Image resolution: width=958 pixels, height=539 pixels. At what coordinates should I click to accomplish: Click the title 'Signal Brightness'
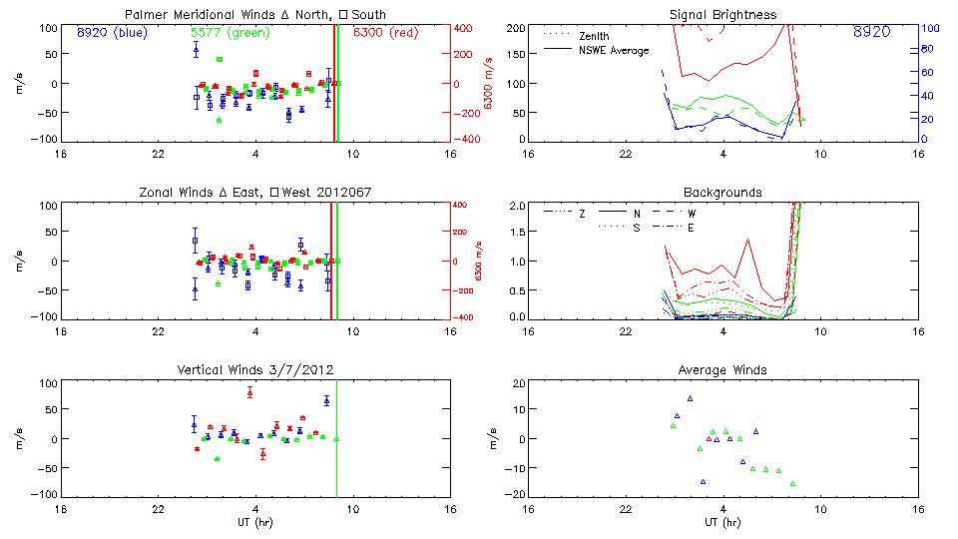pos(722,15)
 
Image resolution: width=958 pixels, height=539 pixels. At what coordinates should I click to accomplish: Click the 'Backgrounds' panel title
pos(722,192)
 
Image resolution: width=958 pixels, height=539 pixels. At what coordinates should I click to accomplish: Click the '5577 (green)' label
pos(230,33)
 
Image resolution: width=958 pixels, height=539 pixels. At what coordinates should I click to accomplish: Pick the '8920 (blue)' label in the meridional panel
pos(111,33)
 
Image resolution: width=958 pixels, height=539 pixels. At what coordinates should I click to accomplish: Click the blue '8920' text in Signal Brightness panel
pos(872,33)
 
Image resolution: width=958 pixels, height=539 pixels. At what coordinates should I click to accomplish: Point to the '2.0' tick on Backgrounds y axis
pos(517,206)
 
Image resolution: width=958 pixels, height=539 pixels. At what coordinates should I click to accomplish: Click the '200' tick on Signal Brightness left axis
pos(516,28)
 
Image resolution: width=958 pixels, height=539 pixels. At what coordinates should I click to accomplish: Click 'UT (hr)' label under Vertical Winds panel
pos(255,522)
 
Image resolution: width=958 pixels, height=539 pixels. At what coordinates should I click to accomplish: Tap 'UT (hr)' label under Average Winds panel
pos(722,522)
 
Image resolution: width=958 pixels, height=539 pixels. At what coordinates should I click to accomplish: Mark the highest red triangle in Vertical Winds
pos(249,391)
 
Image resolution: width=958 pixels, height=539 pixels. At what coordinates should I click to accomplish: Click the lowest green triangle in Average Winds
pos(792,483)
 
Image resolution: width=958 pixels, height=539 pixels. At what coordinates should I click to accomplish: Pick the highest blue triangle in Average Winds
pos(690,398)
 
